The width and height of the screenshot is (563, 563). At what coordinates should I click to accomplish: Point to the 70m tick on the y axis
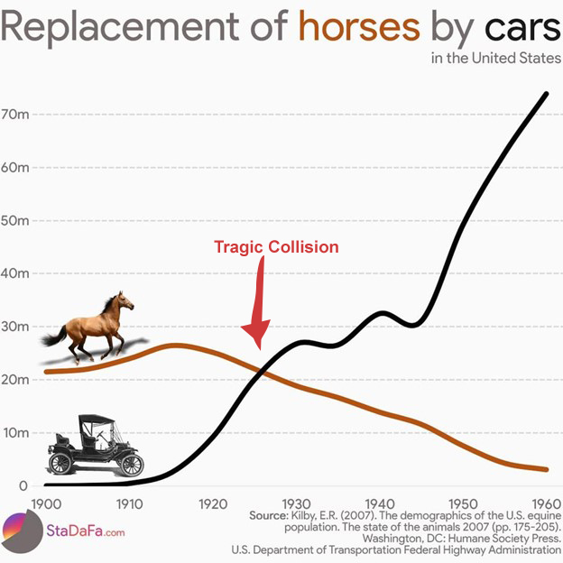coord(17,115)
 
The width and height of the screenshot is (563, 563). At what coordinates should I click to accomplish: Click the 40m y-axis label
coord(17,273)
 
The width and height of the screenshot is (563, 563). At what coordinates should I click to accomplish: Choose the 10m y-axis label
coord(17,433)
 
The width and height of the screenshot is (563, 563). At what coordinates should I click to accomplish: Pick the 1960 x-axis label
coord(544,502)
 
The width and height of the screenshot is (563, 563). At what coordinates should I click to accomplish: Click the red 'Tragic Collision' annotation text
coord(276,246)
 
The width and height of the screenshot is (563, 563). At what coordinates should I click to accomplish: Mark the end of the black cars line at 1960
coord(547,93)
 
